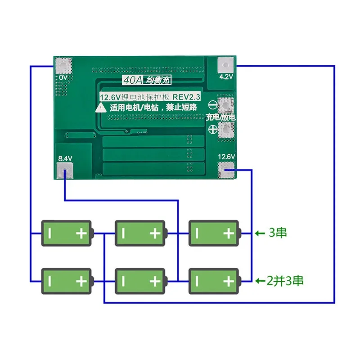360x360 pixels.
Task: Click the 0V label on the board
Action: coord(63,78)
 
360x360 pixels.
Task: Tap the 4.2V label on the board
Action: coord(226,76)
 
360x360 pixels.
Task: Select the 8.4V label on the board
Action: coord(64,158)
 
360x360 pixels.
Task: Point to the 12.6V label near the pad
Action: coord(226,157)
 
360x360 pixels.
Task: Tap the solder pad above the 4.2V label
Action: coord(226,65)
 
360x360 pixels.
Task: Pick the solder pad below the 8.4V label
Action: coord(65,170)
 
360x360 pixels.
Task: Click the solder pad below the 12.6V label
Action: coord(226,170)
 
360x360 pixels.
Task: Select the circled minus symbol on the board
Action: coord(213,106)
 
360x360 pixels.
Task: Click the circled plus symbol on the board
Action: coord(213,130)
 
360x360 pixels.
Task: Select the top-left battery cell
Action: coord(67,233)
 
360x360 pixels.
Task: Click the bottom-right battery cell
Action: coord(214,281)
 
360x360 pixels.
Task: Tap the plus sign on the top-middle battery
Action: coord(154,233)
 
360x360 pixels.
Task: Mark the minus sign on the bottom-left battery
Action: coord(51,281)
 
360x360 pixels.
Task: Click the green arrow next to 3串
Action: coord(260,233)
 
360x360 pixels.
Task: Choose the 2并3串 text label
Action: coord(285,281)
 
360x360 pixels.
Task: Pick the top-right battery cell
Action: coord(214,233)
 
